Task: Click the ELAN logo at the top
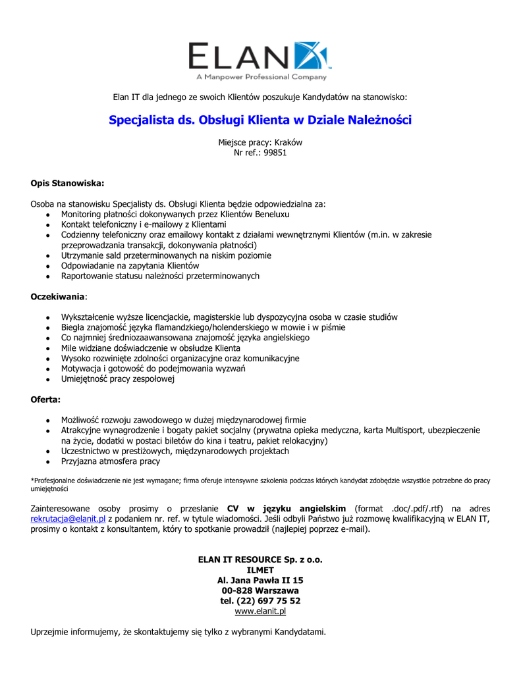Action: pyautogui.click(x=260, y=59)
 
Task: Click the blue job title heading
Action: pyautogui.click(x=260, y=120)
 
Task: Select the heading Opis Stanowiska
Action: pyautogui.click(x=68, y=183)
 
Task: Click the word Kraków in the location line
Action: pyautogui.click(x=288, y=142)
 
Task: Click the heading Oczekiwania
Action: pyautogui.click(x=58, y=297)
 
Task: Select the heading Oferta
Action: pyautogui.click(x=45, y=400)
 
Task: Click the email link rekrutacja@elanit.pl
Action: pyautogui.click(x=69, y=519)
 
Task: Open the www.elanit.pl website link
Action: pyautogui.click(x=260, y=611)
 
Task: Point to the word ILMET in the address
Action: pyautogui.click(x=260, y=570)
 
